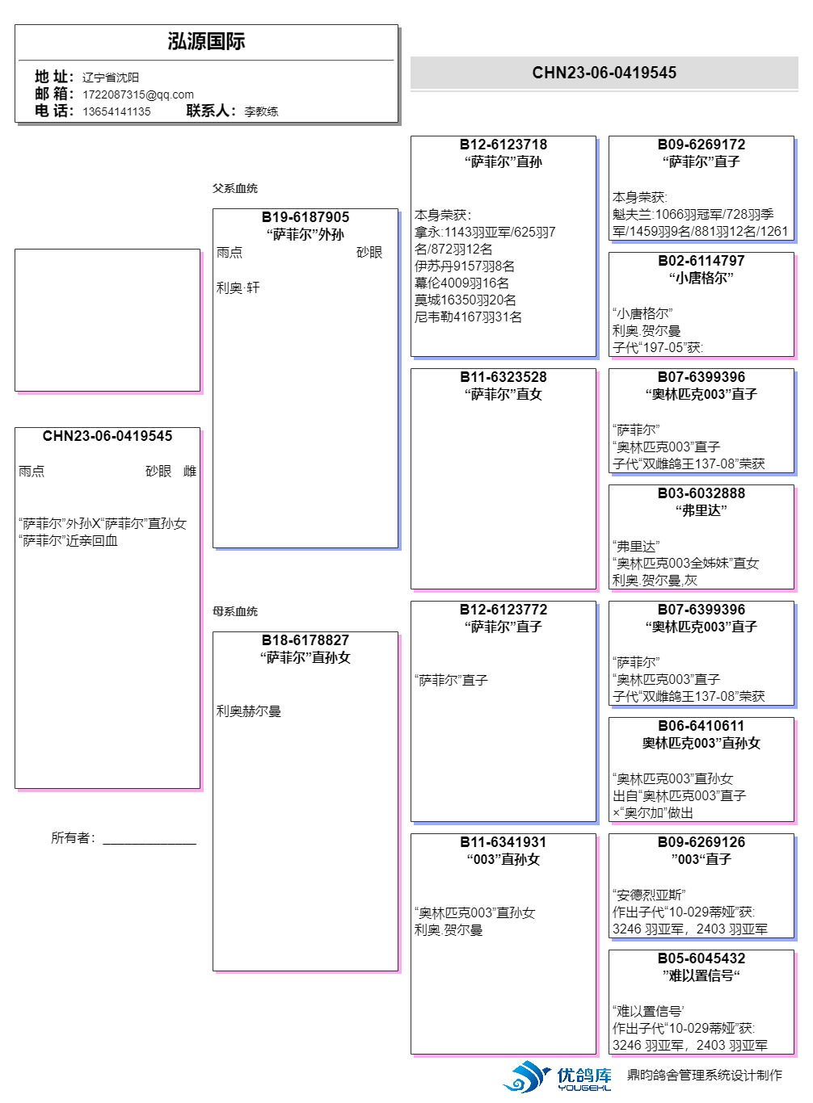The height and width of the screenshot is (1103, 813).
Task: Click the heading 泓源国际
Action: coord(206,41)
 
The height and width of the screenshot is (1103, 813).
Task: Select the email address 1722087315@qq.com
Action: coord(137,94)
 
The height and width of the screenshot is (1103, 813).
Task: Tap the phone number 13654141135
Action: coord(116,111)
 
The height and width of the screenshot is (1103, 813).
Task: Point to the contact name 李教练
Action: coord(261,111)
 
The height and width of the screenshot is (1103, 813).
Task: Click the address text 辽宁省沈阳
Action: coord(111,78)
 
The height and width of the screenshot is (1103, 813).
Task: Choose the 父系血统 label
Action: coord(235,188)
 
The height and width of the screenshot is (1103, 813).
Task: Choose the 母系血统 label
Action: coord(235,611)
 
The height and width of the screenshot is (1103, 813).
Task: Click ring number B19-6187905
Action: coord(305,217)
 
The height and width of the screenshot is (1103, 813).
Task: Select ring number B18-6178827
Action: coord(305,640)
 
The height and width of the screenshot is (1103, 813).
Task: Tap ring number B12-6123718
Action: coord(503,145)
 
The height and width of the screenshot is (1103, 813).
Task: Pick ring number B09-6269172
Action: coord(701,145)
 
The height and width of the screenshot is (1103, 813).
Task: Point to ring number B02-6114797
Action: coord(701,261)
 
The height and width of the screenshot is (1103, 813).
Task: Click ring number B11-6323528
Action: coord(503,377)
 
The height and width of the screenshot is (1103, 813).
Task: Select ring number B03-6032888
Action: coord(701,493)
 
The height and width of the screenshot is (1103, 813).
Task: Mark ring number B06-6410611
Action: coord(701,726)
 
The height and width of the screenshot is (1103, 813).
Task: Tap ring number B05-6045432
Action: coord(701,958)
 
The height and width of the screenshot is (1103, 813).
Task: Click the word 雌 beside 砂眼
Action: coord(190,472)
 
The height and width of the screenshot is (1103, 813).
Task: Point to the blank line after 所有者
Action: coord(150,840)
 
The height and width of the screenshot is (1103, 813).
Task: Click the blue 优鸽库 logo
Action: coord(558,1077)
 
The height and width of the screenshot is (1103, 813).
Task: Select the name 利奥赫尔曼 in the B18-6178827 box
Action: coord(249,711)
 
